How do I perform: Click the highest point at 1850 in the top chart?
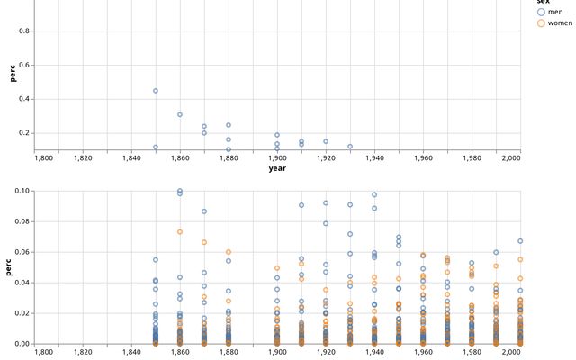point(156,91)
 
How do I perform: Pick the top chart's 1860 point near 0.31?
point(180,114)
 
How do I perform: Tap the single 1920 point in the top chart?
point(326,141)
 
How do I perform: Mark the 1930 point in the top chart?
point(350,147)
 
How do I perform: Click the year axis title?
point(277,168)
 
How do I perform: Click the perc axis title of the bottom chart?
point(13,266)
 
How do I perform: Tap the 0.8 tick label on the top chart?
point(23,31)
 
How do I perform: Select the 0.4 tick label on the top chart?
point(23,99)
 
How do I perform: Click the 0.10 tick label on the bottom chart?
point(21,191)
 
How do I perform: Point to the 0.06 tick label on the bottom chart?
point(21,252)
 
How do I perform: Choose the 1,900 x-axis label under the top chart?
point(277,157)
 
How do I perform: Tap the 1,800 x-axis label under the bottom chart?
point(43,351)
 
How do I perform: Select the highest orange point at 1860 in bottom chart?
point(180,232)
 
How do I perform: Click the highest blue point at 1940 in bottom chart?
point(374,194)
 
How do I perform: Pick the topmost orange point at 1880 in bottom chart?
point(229,252)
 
